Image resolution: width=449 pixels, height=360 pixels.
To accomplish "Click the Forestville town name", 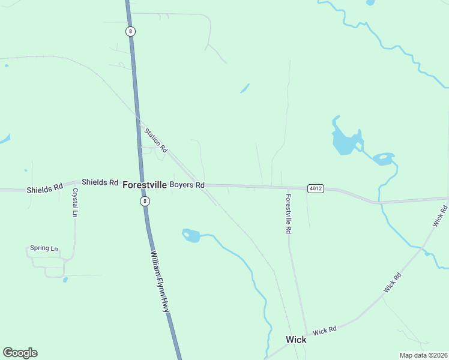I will (x=144, y=185).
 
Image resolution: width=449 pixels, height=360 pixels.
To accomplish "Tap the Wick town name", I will (x=296, y=340).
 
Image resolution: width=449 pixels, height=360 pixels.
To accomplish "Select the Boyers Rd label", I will (x=187, y=185).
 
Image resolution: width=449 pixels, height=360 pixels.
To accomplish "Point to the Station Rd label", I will (x=155, y=140).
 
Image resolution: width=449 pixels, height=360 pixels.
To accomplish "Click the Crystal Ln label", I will (x=76, y=202).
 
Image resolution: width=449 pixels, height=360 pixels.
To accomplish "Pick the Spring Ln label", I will (x=44, y=248).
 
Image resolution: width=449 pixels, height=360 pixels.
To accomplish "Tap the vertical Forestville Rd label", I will (x=288, y=214).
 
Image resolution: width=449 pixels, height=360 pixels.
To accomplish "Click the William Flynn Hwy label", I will (x=160, y=281).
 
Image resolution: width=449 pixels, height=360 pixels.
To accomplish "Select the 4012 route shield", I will (x=316, y=188).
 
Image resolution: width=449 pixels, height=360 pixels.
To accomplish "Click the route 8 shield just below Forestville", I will (x=145, y=202).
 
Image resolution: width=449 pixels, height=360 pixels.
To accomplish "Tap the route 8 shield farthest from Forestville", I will (x=130, y=31).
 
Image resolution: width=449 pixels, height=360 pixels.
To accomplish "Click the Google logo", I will (x=20, y=353).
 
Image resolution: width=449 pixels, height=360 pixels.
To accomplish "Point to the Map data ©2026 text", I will (x=423, y=355).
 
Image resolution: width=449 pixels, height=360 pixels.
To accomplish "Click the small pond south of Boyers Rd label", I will (x=191, y=235).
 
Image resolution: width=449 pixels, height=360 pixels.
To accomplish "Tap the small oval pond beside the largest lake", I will (x=383, y=159).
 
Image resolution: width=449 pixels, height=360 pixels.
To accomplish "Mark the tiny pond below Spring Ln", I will (x=65, y=280).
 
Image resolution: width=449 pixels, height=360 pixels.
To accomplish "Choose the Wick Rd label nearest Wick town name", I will (x=324, y=330).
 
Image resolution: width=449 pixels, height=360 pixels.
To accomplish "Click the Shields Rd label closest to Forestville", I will (x=100, y=182).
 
